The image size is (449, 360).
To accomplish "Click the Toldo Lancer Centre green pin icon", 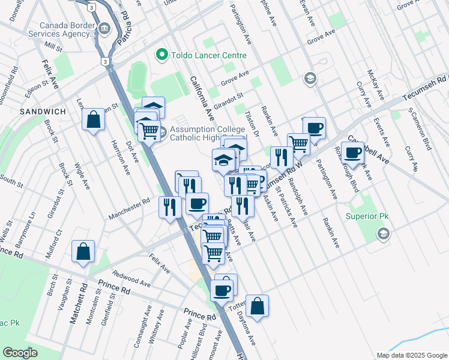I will (161, 55).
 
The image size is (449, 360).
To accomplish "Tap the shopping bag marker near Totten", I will (257, 306).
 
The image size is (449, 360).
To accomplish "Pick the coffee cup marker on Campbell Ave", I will (353, 152).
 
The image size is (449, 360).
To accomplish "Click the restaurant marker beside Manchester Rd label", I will (170, 207).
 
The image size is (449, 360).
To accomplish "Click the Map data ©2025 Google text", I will (411, 355).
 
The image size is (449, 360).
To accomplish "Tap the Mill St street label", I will (53, 47).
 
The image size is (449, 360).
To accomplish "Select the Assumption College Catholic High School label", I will (204, 133).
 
